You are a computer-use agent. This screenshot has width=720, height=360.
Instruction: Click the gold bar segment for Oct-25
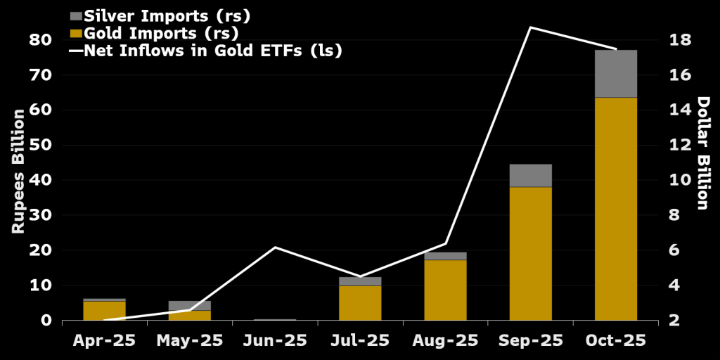point(616,209)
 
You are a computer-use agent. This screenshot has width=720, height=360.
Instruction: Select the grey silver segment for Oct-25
point(616,74)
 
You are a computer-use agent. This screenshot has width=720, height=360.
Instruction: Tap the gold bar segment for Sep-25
point(530,253)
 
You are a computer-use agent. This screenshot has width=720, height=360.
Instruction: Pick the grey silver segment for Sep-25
point(530,175)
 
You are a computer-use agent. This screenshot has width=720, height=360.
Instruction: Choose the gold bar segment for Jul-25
point(360,302)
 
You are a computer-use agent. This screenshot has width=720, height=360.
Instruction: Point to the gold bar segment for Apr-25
point(104,310)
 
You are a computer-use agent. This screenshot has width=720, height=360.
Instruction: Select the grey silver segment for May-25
point(189,305)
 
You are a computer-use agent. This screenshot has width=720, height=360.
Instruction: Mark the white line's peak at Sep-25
point(530,27)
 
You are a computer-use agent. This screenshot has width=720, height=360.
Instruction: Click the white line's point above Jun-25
point(275,247)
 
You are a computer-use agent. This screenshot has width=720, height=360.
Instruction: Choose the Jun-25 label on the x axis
point(275,341)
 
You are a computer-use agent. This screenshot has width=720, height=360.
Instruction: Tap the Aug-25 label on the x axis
point(445,341)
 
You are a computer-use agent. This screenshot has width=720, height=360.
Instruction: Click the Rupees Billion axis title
point(18,172)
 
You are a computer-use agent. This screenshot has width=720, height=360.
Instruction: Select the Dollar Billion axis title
point(702,153)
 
